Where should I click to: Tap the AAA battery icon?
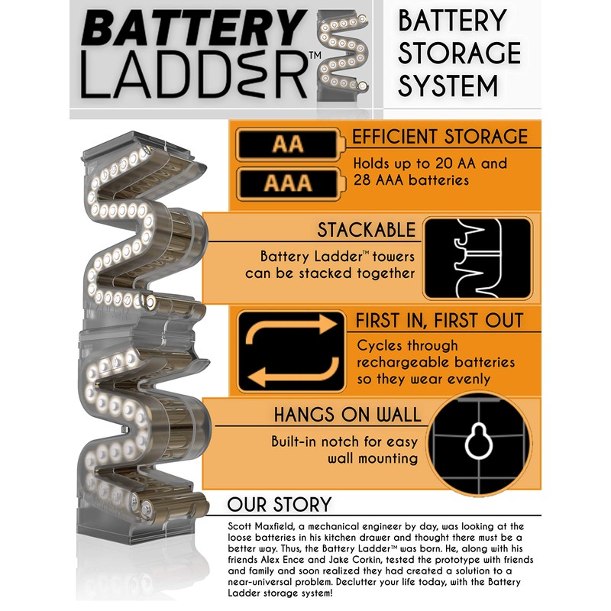coord(289,183)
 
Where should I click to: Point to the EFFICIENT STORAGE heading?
coord(439,137)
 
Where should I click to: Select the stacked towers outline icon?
coord(477,259)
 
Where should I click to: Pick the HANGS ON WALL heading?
coord(348,415)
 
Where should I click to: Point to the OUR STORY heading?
coord(280,504)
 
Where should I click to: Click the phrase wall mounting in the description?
coord(372,459)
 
